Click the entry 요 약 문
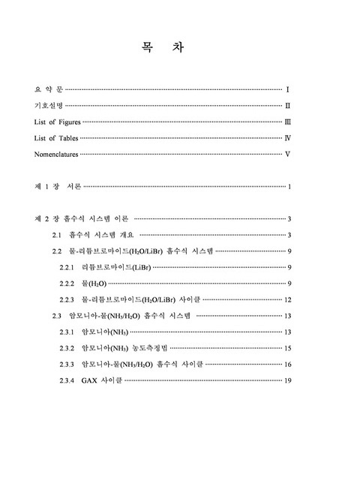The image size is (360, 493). point(49,89)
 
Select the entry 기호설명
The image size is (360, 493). point(53,106)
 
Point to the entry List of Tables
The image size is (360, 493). point(55,138)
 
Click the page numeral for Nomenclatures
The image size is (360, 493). point(288,155)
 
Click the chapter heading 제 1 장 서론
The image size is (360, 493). point(57,186)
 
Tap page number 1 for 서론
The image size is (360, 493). point(289,186)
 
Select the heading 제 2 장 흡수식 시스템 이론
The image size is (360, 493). point(82,219)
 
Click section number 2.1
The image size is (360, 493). point(56,236)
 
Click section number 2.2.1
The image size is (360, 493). point(66,268)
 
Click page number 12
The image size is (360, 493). point(287,299)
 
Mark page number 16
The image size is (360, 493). point(287,365)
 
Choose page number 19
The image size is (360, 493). point(287,380)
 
